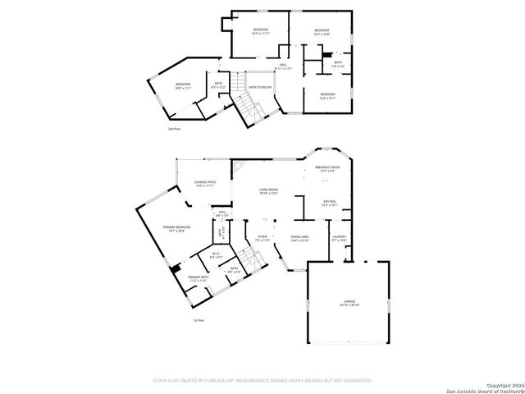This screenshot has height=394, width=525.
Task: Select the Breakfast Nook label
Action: [x=327, y=168]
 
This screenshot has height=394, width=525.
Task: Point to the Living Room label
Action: [x=269, y=192]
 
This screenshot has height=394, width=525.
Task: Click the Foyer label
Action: [x=262, y=239]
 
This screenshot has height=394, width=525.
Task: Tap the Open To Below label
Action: [x=260, y=87]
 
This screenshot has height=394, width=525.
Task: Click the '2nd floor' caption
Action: [x=173, y=129]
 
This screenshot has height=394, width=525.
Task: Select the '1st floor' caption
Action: [x=198, y=320]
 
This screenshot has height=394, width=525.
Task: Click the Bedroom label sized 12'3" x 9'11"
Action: [x=327, y=95]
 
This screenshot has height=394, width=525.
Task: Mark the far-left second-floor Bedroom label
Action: [x=183, y=85]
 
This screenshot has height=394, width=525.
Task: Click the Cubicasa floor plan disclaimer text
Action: [x=262, y=380]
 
